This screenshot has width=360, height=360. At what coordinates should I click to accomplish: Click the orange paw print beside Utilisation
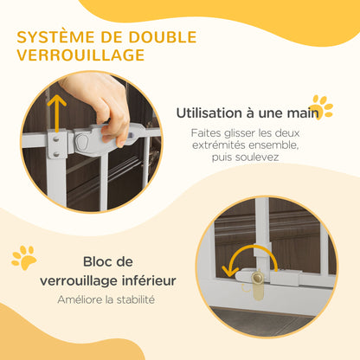pyautogui.click(x=321, y=106)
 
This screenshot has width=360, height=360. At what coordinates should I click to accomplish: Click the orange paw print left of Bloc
pyautogui.click(x=23, y=256)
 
